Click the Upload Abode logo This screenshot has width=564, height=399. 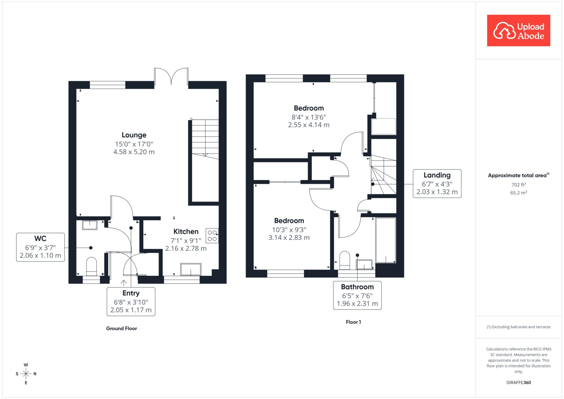[x=519, y=30]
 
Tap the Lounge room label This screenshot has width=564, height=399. [x=134, y=135]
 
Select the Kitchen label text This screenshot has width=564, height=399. [x=186, y=232]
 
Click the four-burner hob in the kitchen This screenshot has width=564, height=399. [x=212, y=236]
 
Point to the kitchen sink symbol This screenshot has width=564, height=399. [x=191, y=269]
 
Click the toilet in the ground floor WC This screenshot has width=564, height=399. [x=92, y=267]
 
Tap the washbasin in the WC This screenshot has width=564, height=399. [x=90, y=225]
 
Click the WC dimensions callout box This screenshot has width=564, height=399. [x=40, y=247]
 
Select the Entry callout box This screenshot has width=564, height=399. [x=131, y=302]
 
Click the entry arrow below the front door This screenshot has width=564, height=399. [x=124, y=283]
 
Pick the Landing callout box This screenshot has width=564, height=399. [x=437, y=183]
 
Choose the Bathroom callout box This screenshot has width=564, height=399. [x=357, y=295]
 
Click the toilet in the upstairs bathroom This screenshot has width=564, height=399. [x=345, y=260]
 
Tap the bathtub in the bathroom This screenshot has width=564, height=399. [x=386, y=240]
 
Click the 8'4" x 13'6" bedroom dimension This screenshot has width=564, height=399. [x=309, y=117]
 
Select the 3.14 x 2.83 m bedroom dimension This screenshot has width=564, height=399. [x=289, y=238]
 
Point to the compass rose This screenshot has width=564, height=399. [x=26, y=374]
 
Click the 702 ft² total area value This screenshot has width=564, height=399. [x=519, y=184]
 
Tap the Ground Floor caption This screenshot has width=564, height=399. [x=121, y=328]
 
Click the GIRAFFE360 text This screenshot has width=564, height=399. [x=519, y=382]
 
